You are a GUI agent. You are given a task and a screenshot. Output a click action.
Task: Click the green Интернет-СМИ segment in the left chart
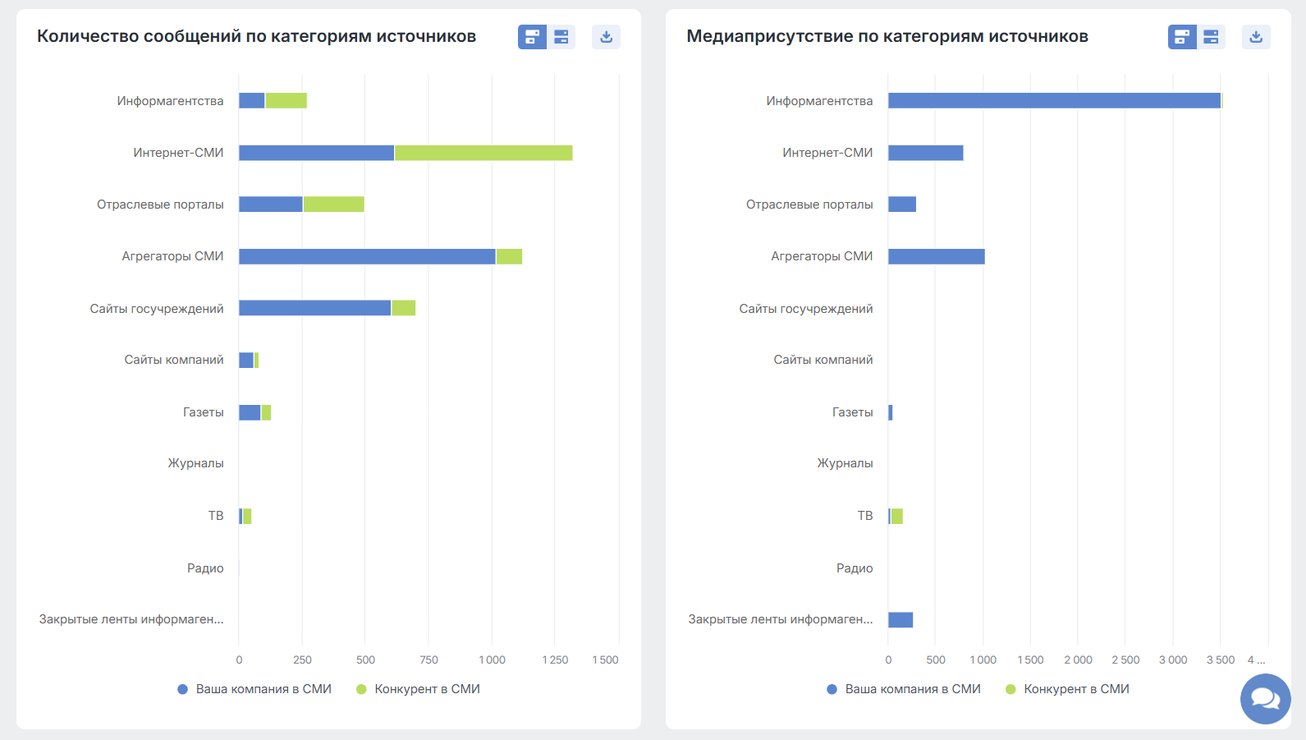coord(483,153)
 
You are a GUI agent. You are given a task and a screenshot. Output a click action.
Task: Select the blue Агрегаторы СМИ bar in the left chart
coord(367,256)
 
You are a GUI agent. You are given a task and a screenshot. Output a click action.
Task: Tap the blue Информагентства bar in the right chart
coord(1054,101)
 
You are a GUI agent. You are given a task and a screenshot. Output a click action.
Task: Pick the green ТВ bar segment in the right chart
coord(896,516)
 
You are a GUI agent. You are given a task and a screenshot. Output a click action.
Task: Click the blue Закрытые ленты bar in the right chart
coord(900,620)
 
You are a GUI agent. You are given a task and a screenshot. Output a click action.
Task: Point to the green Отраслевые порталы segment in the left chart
coord(333,205)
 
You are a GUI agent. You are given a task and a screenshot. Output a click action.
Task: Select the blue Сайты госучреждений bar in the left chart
coord(315,308)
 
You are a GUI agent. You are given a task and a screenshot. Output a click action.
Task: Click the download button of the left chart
coord(607,37)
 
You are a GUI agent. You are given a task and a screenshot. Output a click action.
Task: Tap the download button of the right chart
coord(1256,37)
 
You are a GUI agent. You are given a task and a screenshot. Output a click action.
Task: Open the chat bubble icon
coord(1265,699)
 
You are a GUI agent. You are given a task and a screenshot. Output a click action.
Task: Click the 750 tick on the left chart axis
coord(428,660)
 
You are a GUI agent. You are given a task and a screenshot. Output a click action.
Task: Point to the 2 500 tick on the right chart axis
coord(1125,660)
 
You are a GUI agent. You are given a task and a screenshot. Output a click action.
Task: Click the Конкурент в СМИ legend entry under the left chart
coord(418,689)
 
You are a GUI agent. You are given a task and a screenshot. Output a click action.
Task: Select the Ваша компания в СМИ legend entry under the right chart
coord(904,689)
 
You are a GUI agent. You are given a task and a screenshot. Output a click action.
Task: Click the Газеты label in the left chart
coord(203,412)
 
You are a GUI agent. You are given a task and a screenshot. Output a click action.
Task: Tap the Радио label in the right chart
coord(855,568)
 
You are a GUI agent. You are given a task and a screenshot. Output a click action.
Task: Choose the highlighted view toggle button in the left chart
coord(532,37)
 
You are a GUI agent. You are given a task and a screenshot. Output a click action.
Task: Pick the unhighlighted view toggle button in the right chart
coord(1211,37)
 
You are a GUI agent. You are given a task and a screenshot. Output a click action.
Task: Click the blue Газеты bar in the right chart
coord(891,413)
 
